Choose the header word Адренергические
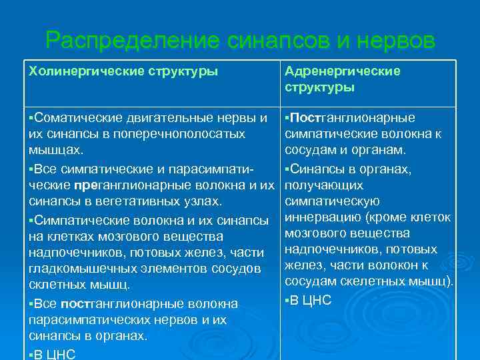click(x=343, y=71)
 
